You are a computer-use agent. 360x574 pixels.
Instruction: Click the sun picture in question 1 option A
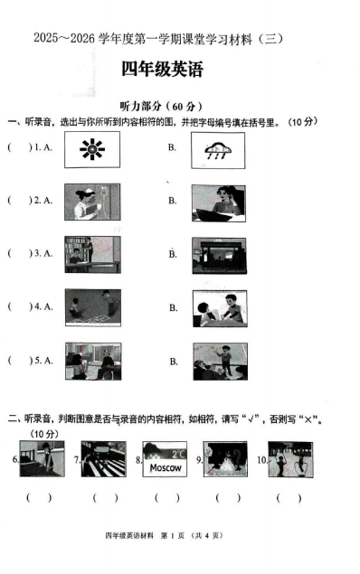click(92, 149)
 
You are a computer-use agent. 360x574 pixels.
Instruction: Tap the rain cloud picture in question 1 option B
click(219, 149)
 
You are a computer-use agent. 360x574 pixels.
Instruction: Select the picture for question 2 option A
click(92, 202)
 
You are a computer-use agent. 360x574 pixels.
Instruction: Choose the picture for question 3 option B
click(219, 256)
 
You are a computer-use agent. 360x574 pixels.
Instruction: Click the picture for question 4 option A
click(92, 308)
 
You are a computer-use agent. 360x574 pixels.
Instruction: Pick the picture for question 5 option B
click(219, 361)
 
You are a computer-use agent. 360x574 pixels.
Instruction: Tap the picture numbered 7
click(102, 459)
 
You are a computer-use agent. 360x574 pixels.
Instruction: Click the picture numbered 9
click(225, 459)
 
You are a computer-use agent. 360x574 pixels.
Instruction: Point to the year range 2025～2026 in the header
click(61, 38)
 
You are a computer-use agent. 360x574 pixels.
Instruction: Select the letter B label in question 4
click(172, 308)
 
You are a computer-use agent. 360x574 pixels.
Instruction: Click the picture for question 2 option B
click(219, 202)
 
